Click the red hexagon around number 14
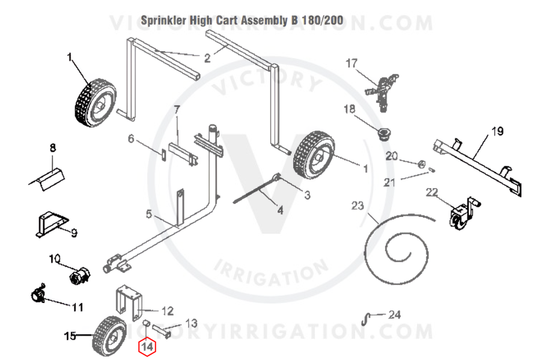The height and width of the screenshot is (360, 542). click(x=147, y=347)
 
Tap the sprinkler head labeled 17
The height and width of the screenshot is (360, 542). click(x=382, y=91)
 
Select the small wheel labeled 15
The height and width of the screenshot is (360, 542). click(x=109, y=337)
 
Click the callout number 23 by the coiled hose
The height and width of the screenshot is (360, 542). click(x=358, y=206)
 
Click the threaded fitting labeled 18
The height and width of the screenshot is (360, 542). click(x=383, y=133)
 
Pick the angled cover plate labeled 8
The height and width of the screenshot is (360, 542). click(x=47, y=178)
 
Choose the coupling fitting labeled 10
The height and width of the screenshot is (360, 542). click(x=79, y=275)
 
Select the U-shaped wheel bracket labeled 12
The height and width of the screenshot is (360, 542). click(x=129, y=302)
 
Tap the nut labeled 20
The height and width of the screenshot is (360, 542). click(x=422, y=164)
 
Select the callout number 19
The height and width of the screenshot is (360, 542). click(x=498, y=132)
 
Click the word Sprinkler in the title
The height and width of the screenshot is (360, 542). click(x=163, y=20)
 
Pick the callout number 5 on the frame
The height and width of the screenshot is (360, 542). click(x=149, y=214)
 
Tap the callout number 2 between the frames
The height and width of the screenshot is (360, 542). click(x=207, y=58)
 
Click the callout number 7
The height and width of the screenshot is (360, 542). click(x=177, y=110)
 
